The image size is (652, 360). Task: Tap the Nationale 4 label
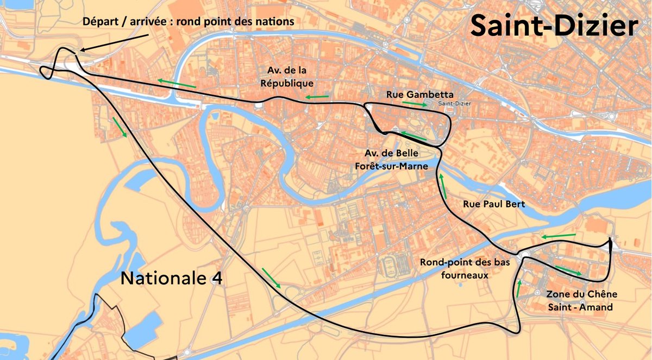[171, 278]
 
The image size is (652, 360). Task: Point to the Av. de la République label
[291, 77]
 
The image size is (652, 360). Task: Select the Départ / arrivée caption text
[189, 22]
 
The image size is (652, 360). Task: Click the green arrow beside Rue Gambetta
[415, 103]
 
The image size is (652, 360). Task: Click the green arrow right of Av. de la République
[317, 97]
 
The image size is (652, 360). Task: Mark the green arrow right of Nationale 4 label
[271, 277]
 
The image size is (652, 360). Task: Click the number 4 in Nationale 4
[216, 278]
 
